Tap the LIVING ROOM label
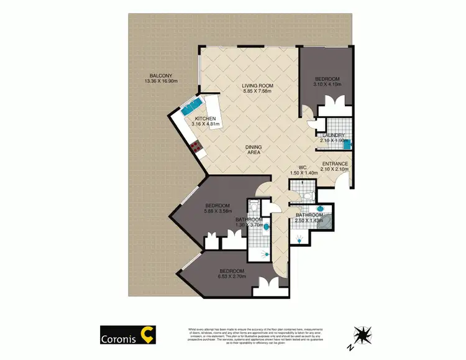tap(257, 87)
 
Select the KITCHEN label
tap(205, 119)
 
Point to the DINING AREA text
tap(253, 150)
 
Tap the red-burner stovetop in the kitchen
tap(197, 148)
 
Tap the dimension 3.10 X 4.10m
tap(327, 85)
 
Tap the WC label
tap(303, 167)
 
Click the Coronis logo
tap(128, 335)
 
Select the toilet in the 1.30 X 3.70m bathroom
tap(254, 208)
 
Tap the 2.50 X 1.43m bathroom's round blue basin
tap(319, 208)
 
